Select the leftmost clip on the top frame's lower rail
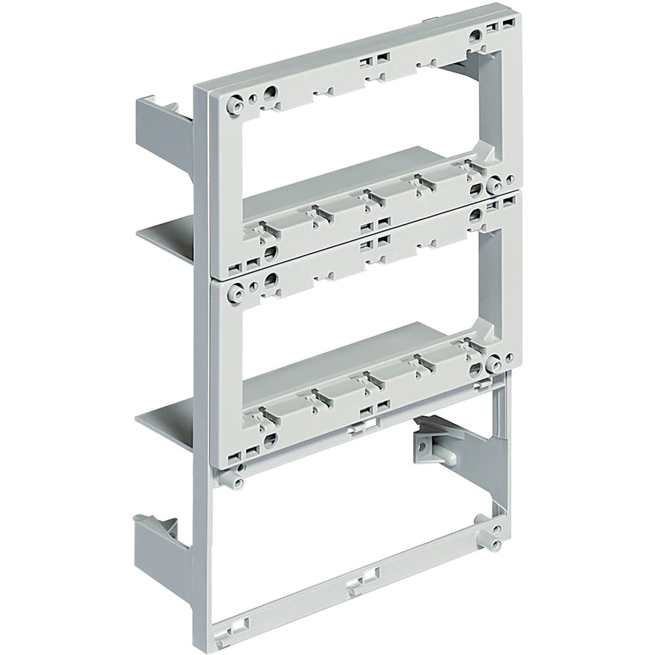pos(263,229)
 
